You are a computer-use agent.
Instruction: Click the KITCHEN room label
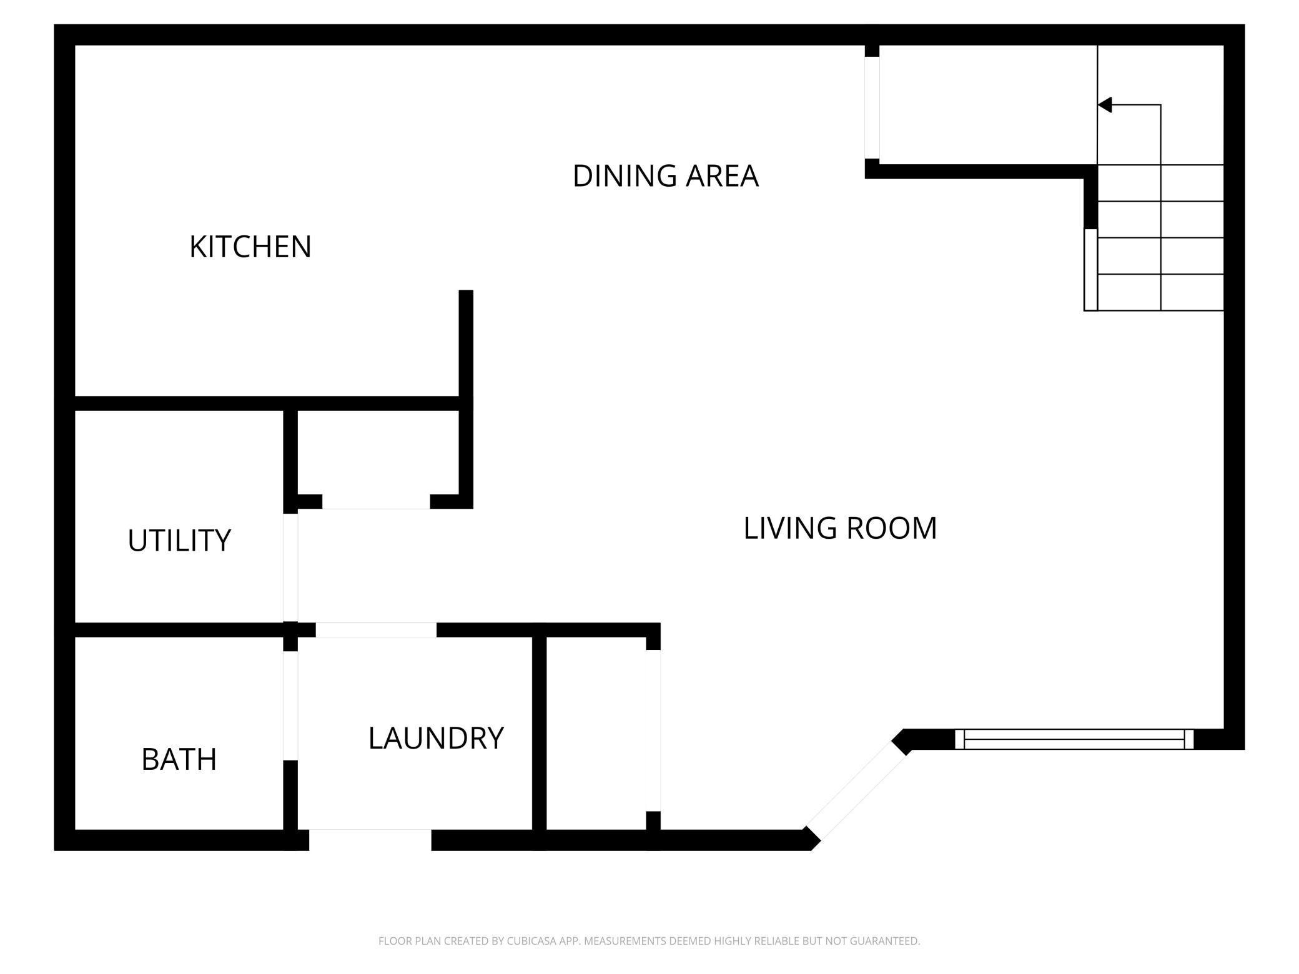250,247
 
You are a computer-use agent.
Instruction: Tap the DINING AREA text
665,176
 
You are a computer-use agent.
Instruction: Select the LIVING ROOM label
839,528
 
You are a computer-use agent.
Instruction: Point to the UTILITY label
179,541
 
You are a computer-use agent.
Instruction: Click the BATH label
179,760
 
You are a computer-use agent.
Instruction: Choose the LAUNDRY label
436,738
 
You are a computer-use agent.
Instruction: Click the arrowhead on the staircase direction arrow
1105,105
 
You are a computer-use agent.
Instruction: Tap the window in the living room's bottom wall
1074,739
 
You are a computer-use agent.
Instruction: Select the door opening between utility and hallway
290,567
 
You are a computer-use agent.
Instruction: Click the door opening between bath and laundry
290,706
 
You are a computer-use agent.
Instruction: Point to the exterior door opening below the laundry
370,840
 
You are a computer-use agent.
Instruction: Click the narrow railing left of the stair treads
1090,270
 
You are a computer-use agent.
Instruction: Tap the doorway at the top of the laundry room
376,630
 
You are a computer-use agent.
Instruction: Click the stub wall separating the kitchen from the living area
466,343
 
